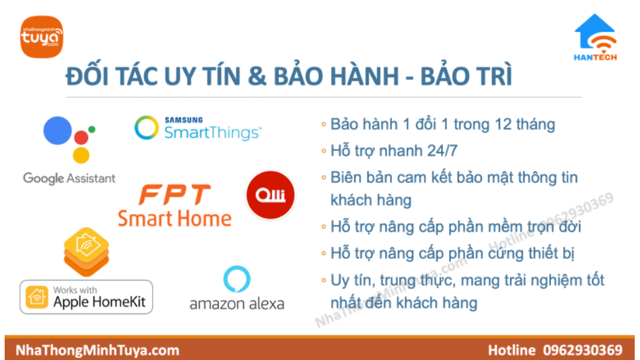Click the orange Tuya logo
coord(42,36)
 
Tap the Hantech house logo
coord(596,37)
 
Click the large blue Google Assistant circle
coord(58,131)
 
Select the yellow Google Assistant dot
coord(81,156)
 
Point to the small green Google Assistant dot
coord(92,129)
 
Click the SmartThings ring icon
coord(147,127)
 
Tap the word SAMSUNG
coord(184,120)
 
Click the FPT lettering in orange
coord(174,195)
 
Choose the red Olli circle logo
coord(270,195)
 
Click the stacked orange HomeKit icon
coord(86,252)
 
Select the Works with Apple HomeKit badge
coord(86,297)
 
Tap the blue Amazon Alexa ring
coord(237,279)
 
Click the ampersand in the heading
coord(257,76)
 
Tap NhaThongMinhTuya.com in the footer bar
coord(97,350)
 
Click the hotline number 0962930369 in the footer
coord(582,350)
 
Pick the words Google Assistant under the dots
coord(69,178)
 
